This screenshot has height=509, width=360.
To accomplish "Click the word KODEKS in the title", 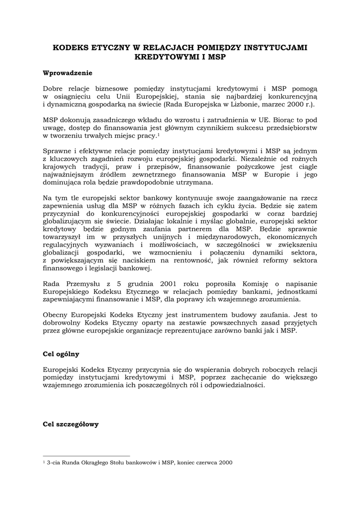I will point(71,48).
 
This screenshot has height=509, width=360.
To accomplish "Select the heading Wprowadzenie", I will point(68,73).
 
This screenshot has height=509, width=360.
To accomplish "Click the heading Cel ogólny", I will point(61,354).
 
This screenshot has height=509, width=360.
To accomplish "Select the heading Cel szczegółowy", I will point(71,424).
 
